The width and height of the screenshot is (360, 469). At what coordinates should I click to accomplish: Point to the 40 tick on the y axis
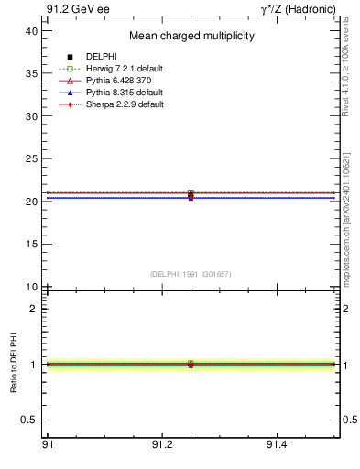coord(31,31)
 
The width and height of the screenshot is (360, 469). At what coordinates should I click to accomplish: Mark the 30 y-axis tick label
coord(31,116)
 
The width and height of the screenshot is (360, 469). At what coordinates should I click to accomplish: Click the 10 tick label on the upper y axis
coord(31,287)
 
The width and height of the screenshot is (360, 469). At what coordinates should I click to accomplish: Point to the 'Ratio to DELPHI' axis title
coord(15,364)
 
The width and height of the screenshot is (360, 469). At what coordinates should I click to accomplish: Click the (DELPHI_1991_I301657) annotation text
coord(190,274)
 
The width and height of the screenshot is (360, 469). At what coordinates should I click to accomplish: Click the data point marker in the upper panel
coord(191,194)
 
